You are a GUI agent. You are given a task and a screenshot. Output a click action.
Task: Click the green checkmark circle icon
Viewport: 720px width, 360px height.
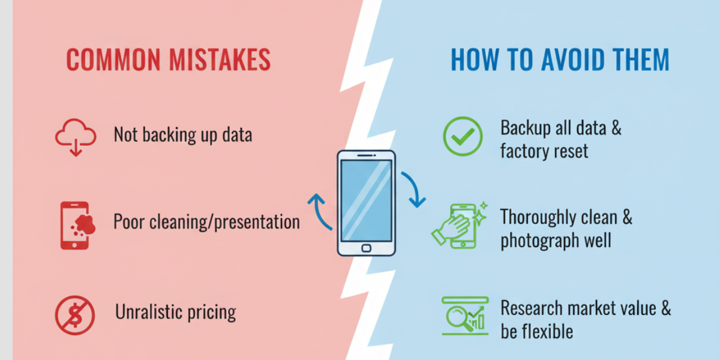pos(462,136)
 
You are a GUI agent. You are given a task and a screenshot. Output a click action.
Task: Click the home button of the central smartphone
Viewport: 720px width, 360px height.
pos(366,247)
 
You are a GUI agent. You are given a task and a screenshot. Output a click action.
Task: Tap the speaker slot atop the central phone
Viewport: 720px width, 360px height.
pos(366,157)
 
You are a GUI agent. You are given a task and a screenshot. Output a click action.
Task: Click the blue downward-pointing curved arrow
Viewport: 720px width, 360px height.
pos(412,190)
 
